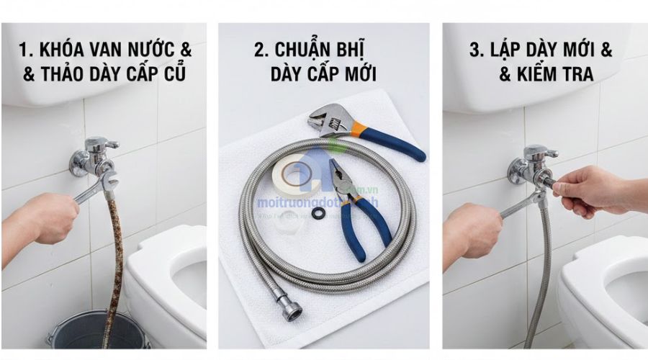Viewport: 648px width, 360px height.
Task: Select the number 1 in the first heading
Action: (x=24, y=50)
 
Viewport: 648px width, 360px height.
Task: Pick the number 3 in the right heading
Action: (x=474, y=50)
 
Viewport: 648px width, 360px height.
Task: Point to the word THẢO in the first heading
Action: (x=65, y=74)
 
